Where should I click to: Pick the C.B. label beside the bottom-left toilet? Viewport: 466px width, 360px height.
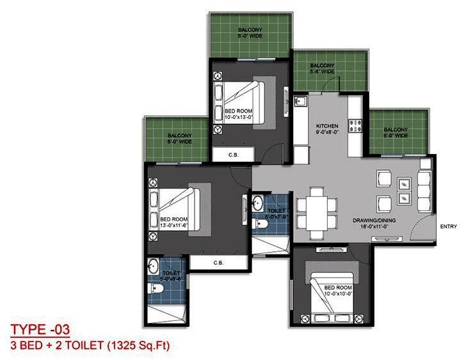(218, 263)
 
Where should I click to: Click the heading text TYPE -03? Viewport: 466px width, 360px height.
(40, 330)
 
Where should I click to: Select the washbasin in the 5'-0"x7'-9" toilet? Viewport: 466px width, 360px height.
(257, 204)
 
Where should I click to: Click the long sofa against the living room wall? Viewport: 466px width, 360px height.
(424, 186)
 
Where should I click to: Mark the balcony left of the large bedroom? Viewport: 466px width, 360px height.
(177, 139)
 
